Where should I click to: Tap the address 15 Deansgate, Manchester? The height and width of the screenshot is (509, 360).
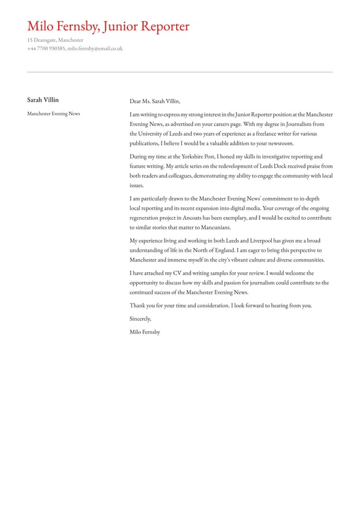click(x=55, y=40)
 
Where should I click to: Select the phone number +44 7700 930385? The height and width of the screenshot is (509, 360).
click(x=46, y=48)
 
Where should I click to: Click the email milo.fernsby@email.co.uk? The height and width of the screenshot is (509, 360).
click(x=95, y=48)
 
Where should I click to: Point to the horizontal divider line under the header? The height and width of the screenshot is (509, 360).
click(x=179, y=72)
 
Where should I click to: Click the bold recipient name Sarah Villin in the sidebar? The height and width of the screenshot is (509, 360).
click(x=43, y=100)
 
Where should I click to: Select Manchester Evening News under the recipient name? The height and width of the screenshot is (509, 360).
click(x=54, y=114)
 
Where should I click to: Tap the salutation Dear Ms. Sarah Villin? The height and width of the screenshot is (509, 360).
click(x=155, y=101)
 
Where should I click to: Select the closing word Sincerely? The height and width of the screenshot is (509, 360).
click(x=140, y=318)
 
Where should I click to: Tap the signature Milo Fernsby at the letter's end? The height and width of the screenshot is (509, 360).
click(x=145, y=332)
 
